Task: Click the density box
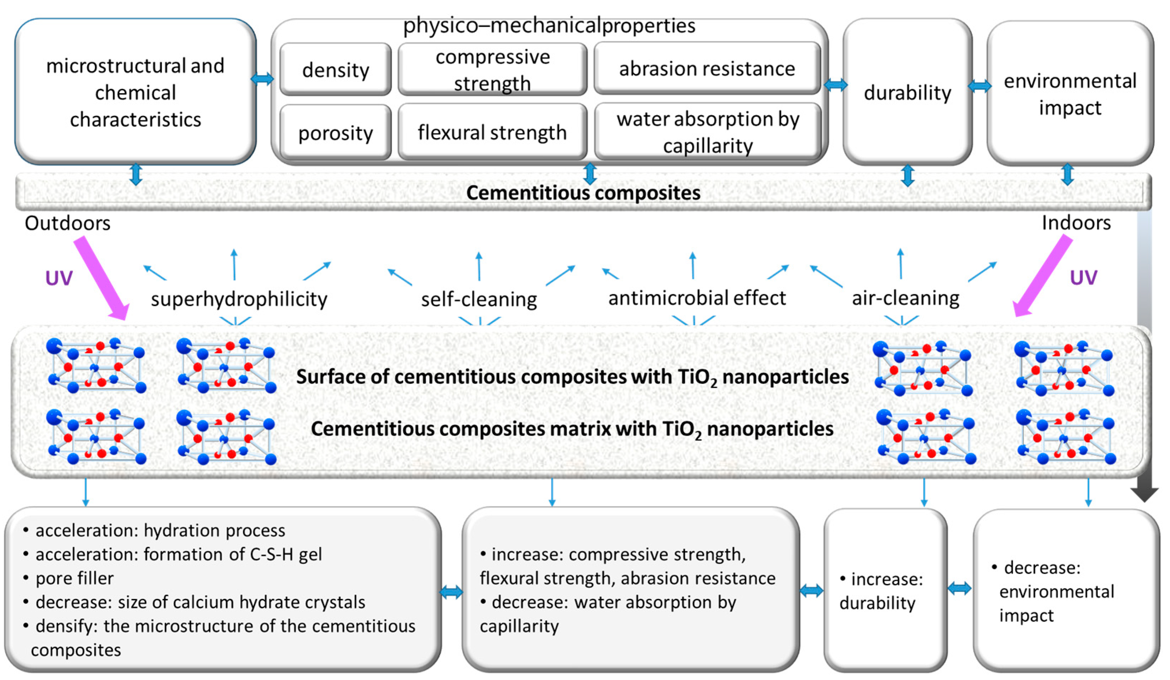click(x=335, y=70)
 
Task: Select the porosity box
click(x=335, y=133)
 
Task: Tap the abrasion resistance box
click(x=706, y=69)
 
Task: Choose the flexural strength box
click(x=492, y=132)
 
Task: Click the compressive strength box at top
click(x=492, y=70)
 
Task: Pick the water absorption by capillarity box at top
click(x=708, y=132)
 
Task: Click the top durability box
click(x=907, y=92)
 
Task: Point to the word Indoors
click(x=1076, y=223)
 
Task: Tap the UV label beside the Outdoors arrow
click(x=59, y=278)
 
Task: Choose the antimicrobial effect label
click(x=697, y=298)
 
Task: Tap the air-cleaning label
click(x=905, y=298)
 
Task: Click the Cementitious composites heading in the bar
click(x=583, y=193)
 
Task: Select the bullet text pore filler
click(x=74, y=578)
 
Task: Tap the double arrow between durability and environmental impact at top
click(x=979, y=86)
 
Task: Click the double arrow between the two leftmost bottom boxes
click(x=451, y=592)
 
